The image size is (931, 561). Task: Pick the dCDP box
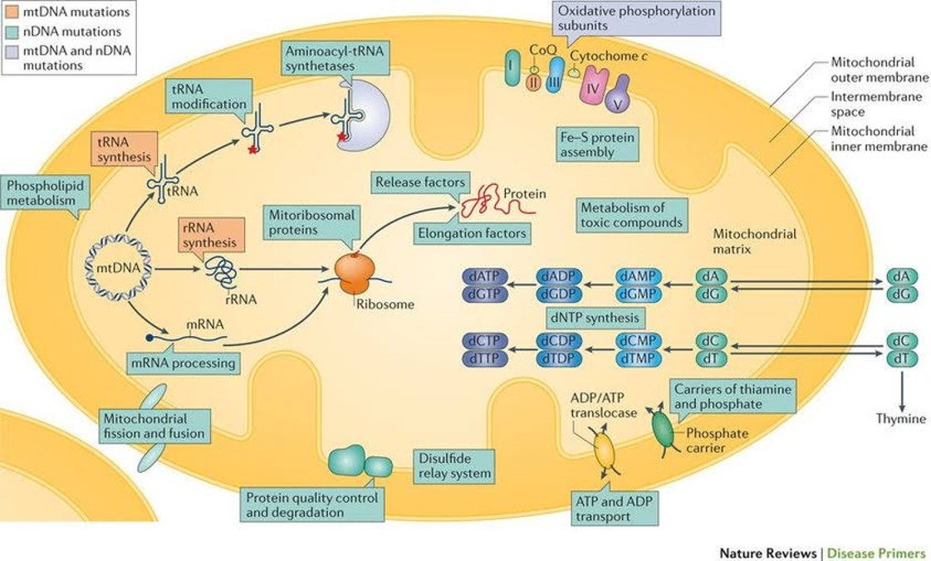[561, 341]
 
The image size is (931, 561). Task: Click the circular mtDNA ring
[118, 267]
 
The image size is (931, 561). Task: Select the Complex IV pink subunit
[593, 85]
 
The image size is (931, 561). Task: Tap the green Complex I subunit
[512, 70]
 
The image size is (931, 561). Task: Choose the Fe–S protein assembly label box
[596, 144]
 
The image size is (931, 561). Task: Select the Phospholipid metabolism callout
[44, 193]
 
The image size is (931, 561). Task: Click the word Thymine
[900, 418]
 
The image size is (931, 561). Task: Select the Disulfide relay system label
[453, 466]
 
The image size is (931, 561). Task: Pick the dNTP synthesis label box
[593, 317]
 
